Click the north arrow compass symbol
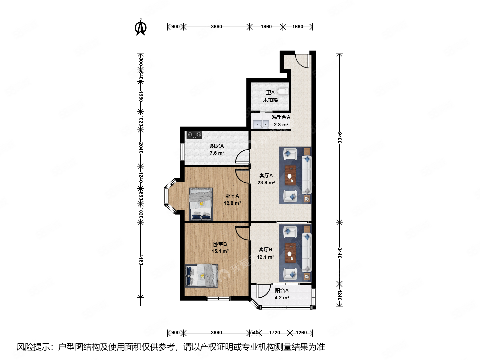(x=141, y=28)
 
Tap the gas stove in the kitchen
(x=194, y=135)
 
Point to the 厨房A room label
(x=217, y=146)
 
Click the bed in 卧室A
(x=201, y=204)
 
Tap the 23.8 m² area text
(x=266, y=183)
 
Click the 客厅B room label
(x=265, y=249)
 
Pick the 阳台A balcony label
(x=282, y=290)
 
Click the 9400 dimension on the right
(x=340, y=138)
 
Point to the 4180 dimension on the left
(x=141, y=260)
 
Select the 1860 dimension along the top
(x=266, y=27)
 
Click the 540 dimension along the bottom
(x=254, y=333)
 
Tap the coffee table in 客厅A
(x=291, y=175)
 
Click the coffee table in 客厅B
(x=291, y=253)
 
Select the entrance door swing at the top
(x=303, y=61)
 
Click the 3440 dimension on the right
(x=340, y=253)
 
